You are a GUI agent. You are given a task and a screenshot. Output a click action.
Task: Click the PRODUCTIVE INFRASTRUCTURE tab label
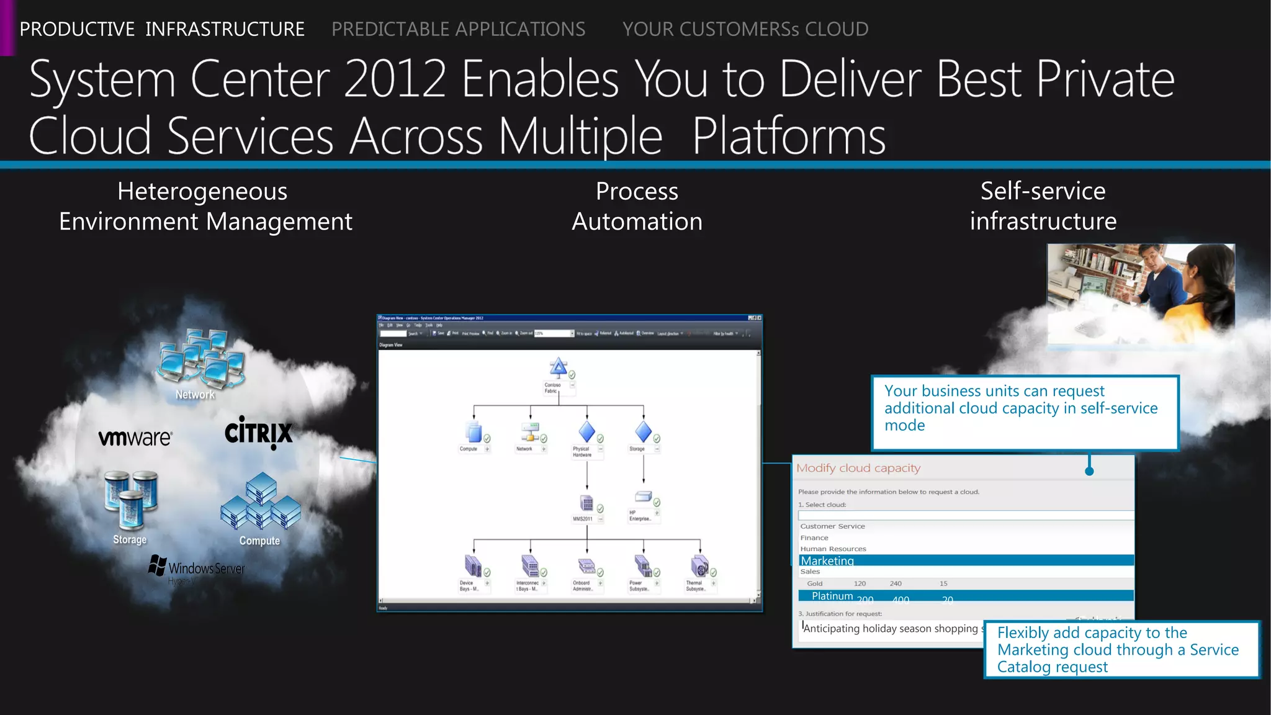pos(162,29)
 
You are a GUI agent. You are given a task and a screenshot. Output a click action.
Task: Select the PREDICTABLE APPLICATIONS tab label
pos(458,29)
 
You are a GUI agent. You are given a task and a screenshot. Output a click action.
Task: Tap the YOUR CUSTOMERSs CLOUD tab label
pos(745,29)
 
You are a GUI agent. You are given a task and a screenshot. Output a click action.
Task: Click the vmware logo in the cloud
pos(135,438)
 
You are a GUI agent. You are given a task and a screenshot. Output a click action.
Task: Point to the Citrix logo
pos(258,432)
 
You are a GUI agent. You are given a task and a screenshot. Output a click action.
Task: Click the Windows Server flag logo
pos(158,565)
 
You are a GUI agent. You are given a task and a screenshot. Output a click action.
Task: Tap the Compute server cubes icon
pos(261,501)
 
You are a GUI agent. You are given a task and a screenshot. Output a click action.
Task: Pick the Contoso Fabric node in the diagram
pos(559,368)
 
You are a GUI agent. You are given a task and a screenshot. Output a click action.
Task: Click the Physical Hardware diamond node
pos(586,432)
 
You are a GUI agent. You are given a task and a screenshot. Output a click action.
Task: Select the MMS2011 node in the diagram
pos(586,503)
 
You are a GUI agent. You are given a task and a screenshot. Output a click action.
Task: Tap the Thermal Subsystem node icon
pos(699,566)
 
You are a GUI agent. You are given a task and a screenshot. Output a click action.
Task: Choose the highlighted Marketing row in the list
pos(966,560)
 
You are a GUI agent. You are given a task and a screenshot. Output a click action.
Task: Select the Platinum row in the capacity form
pos(966,596)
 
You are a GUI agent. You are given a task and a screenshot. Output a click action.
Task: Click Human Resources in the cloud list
pos(833,549)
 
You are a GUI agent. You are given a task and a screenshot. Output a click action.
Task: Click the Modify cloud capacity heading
pos(858,469)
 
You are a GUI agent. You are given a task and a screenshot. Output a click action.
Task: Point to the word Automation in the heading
pos(637,222)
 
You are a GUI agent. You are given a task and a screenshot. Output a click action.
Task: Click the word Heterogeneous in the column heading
pos(202,191)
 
